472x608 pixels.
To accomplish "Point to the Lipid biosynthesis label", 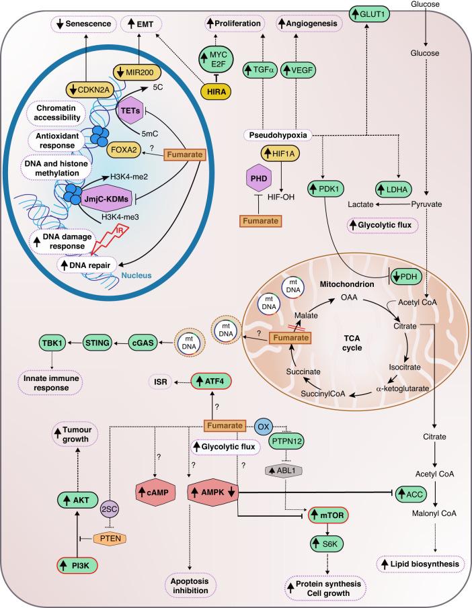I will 422,563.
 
